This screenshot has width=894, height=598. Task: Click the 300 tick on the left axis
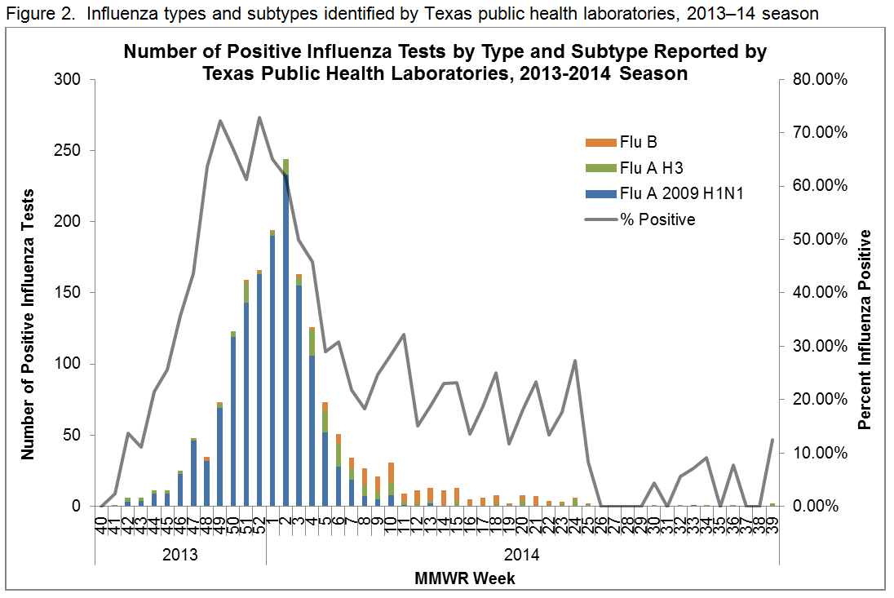tap(70, 80)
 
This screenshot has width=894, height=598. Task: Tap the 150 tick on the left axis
tap(70, 293)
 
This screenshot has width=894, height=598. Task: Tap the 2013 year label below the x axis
tap(180, 556)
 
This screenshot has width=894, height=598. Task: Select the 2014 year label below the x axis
tap(523, 556)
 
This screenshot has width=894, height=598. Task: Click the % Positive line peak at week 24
tap(575, 361)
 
